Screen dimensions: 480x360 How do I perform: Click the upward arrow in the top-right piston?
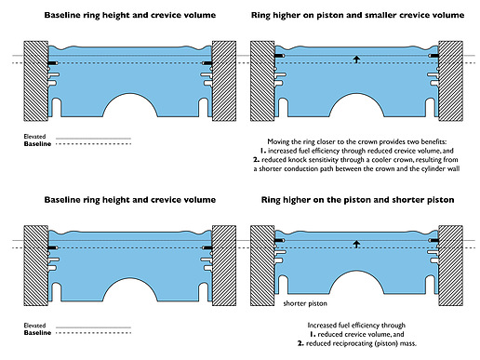tap(356, 60)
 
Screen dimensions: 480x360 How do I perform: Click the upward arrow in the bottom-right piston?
tap(356, 244)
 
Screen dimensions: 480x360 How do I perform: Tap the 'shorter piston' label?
tap(305, 303)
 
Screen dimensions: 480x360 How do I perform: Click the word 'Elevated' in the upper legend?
tap(34, 137)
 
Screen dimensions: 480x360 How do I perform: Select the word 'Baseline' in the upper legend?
tap(37, 144)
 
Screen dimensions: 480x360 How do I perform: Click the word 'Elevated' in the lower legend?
tap(34, 326)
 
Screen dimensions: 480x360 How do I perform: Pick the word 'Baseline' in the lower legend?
tap(37, 333)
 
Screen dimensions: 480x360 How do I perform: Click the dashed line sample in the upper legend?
tap(93, 144)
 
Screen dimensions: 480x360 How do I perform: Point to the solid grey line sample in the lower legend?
tap(93, 327)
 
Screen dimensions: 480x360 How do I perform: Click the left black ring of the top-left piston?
tap(52, 63)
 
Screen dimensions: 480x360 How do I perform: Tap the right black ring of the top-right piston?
tap(434, 56)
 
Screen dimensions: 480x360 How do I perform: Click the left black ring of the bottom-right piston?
tap(279, 241)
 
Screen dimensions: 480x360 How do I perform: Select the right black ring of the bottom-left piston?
tap(207, 247)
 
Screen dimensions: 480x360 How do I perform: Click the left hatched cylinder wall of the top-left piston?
tap(36, 81)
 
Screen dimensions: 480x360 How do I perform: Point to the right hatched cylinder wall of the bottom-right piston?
tap(450, 266)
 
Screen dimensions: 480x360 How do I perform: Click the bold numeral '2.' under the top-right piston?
tap(256, 160)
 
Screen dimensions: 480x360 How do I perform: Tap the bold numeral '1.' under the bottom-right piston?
tap(313, 334)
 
